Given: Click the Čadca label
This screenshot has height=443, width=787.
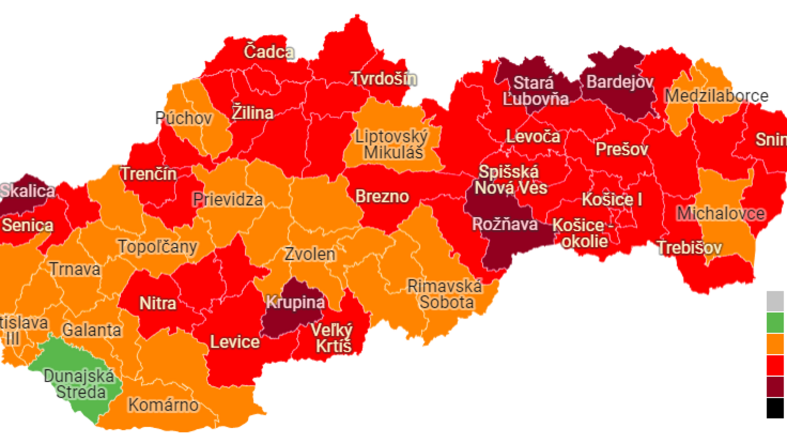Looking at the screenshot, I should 269,52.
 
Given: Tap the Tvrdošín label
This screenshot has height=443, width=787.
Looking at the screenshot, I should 384,79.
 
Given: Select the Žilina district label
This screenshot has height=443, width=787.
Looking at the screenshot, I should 252,113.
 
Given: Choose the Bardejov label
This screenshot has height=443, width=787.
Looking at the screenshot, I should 619,82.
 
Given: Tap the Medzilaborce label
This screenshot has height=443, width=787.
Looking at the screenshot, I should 716,96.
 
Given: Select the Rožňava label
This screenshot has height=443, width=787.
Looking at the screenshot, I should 504,225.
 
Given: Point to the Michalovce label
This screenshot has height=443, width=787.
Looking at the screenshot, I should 721,214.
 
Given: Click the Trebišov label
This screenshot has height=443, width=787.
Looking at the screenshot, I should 689,248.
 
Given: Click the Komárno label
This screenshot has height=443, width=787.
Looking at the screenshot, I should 163,405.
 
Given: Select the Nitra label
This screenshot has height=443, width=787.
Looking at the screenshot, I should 157,303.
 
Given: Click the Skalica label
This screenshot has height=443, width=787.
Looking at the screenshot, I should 28,191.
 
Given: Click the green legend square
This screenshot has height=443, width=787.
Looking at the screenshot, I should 775,322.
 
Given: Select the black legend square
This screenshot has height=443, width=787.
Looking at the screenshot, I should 775,408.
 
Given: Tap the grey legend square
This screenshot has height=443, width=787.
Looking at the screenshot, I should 775,301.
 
